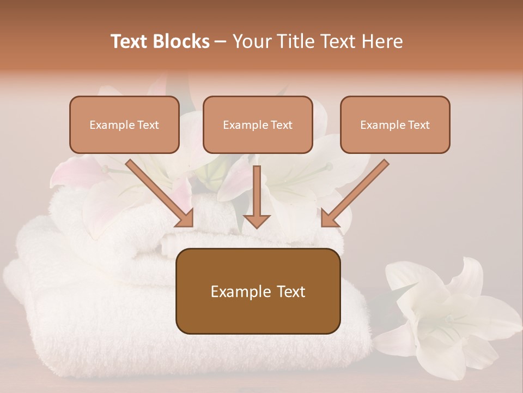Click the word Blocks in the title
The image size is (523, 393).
coord(182,41)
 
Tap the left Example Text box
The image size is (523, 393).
coord(124,124)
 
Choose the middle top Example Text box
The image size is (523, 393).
coord(258,124)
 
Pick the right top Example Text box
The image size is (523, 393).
coord(395,124)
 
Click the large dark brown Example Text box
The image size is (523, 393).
coord(258,291)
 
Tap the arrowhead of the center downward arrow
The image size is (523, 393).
coord(257,220)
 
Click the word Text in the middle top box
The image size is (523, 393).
coord(281,125)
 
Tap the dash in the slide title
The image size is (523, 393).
coord(221,41)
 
